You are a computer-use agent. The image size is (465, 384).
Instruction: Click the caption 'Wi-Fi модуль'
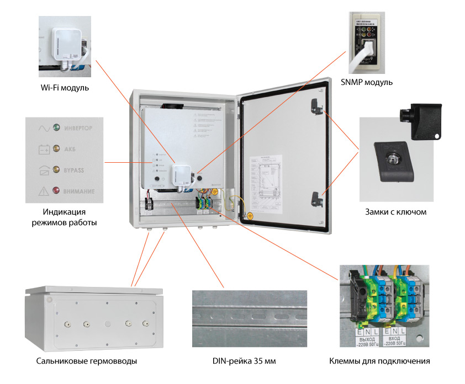[x=64, y=88]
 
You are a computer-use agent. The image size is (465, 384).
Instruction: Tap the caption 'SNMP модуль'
[x=366, y=82]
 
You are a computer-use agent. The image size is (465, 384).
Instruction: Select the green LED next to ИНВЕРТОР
[x=56, y=128]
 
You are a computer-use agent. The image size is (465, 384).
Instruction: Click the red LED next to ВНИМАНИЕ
[x=56, y=191]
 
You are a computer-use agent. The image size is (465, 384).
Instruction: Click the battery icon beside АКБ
[x=43, y=149]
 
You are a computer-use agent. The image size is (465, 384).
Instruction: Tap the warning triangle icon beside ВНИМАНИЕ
[x=43, y=191]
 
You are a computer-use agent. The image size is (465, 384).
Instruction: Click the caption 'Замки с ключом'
[x=396, y=212]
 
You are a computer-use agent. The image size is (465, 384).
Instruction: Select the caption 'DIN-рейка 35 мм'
[x=244, y=361]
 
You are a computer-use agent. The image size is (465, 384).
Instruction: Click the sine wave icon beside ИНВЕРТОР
[x=43, y=128]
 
